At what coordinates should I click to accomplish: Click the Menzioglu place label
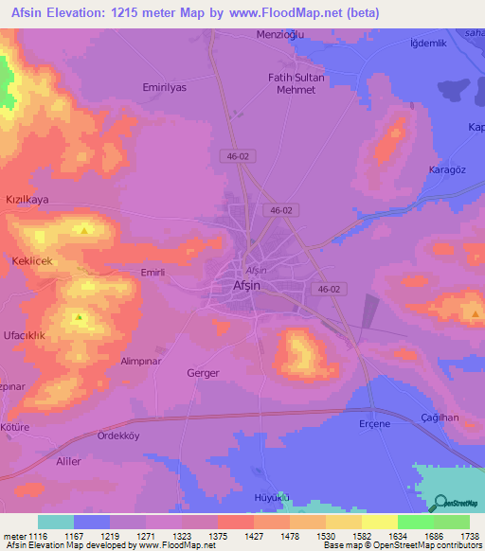(278, 35)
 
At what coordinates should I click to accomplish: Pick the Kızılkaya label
(27, 201)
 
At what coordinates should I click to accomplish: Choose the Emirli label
(153, 273)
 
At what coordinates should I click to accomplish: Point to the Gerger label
(204, 373)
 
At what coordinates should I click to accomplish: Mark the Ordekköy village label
(118, 435)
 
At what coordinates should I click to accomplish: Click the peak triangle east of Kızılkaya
(86, 229)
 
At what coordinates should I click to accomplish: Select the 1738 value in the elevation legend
(470, 535)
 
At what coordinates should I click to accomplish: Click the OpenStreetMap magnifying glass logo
(440, 504)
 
